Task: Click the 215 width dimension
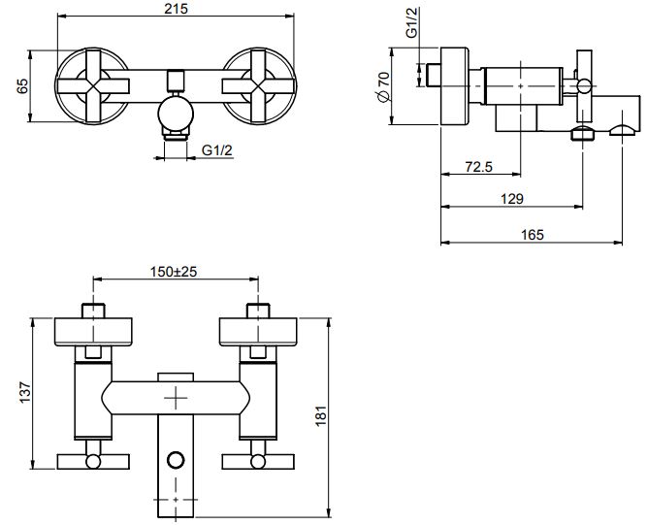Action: pos(176,9)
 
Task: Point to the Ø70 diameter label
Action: pos(384,87)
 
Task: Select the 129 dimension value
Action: pos(513,198)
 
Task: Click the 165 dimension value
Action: pos(533,234)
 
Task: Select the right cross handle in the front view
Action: pos(257,86)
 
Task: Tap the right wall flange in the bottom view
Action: pos(258,331)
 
